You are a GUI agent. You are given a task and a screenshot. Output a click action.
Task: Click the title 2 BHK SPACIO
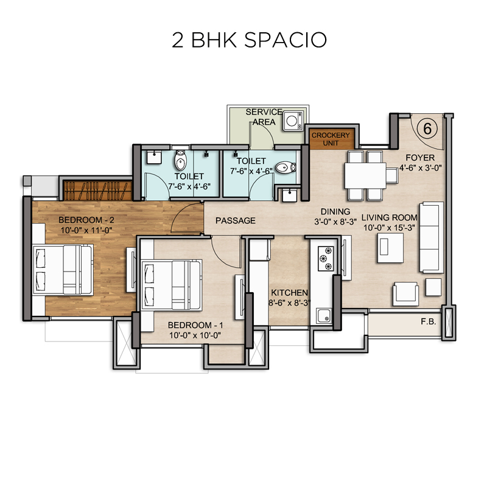coord(249,40)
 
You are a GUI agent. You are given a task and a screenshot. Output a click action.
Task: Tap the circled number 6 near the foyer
coord(427,128)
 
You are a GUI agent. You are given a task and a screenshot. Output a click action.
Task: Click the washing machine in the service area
coord(293,121)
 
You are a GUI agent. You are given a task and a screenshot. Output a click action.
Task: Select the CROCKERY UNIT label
coord(331,139)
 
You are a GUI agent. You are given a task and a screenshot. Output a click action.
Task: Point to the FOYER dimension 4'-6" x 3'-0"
coord(420,168)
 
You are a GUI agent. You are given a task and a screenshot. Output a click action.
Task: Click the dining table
coord(365,176)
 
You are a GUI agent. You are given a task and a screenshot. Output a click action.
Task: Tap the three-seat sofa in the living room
coord(432,237)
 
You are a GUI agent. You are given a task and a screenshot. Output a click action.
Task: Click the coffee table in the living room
coord(390,248)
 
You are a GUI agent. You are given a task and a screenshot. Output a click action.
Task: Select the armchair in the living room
coord(405,294)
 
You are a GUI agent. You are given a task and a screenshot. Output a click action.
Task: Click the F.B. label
coord(429,322)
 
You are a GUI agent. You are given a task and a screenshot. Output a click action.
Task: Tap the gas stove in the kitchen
coord(326,258)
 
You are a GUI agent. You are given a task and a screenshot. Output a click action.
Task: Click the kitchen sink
coord(324,315)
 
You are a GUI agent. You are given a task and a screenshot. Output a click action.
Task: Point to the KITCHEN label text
coord(290,293)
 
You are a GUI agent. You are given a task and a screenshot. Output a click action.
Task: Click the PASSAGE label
coord(236,220)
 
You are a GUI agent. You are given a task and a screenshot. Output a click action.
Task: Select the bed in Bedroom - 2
coord(63,270)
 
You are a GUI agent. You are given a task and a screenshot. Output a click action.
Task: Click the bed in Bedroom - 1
coord(172,285)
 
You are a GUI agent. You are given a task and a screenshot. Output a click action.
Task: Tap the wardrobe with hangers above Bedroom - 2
coord(97,191)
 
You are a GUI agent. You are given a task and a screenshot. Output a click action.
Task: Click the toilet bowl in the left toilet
coord(180,160)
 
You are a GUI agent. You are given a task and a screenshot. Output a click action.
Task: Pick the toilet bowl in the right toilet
coord(286,168)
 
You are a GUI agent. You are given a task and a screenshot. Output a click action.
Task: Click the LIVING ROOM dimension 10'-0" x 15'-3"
coord(389,228)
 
